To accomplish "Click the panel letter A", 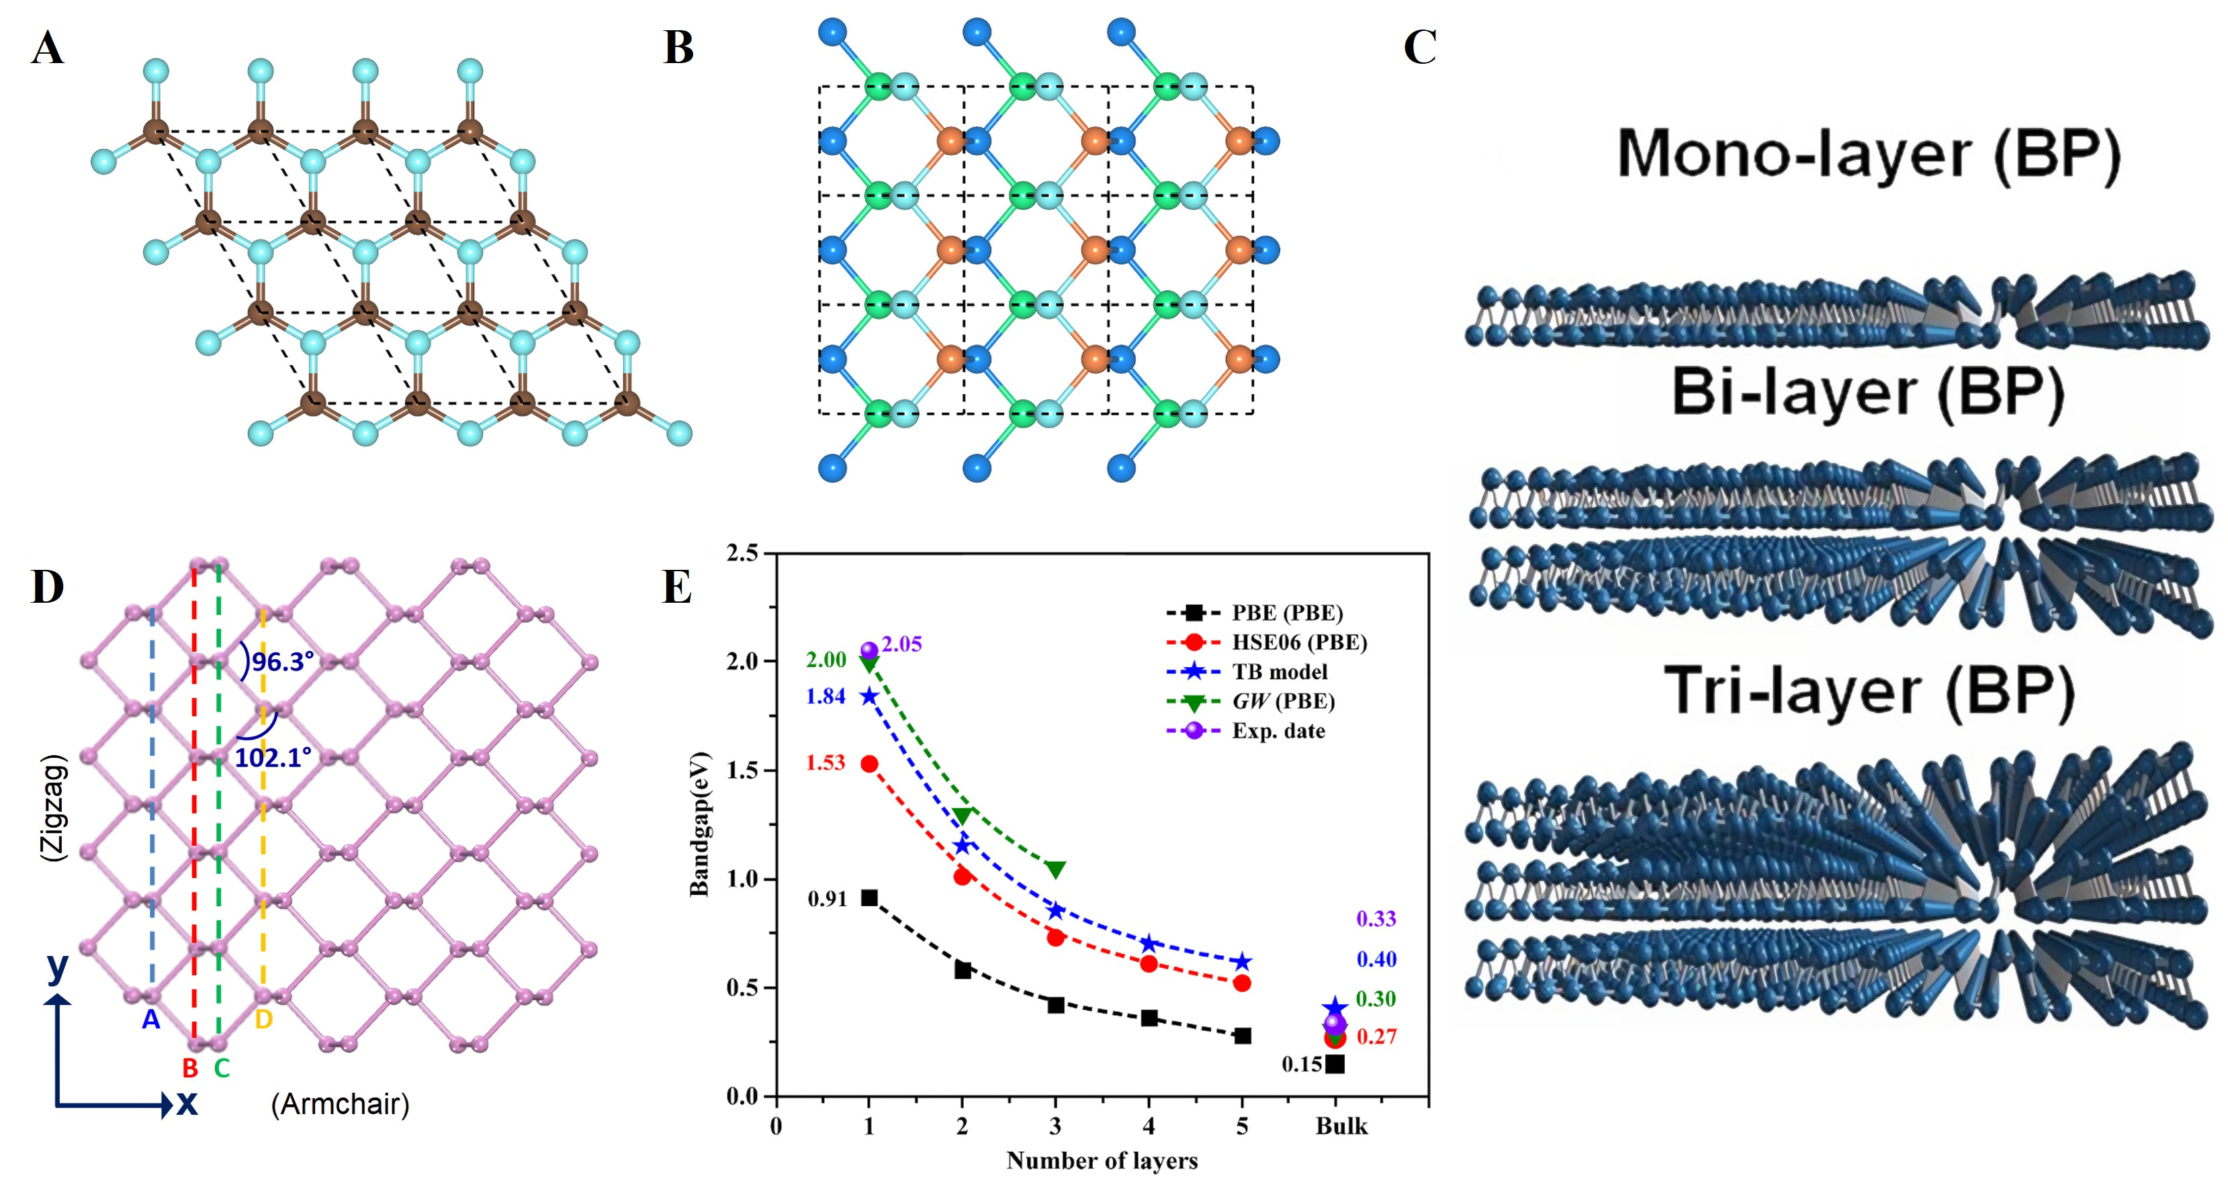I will point(48,48).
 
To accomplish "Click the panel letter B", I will point(678,48).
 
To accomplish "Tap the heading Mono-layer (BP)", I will point(1868,156).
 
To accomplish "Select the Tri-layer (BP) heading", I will point(1868,691).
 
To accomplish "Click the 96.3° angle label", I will point(282,662).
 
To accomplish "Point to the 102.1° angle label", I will point(273,758).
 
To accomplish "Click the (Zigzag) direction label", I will point(54,807).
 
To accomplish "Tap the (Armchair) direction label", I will point(340,1104).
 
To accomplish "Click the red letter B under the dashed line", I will point(190,1069).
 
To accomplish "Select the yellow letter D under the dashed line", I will point(264,1020).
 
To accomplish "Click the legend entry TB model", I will point(1279,672).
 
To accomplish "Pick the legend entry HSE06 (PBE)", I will point(1299,642).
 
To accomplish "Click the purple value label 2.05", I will point(901,644).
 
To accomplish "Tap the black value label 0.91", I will point(827,899).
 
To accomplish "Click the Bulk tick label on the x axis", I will point(1341,1126).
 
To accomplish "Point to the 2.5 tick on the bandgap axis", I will point(742,552).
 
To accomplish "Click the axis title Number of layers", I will point(1102,1160).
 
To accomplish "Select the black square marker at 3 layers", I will point(1055,1005).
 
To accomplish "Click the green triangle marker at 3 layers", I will point(1055,869).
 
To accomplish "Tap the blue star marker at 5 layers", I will point(1242,962).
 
